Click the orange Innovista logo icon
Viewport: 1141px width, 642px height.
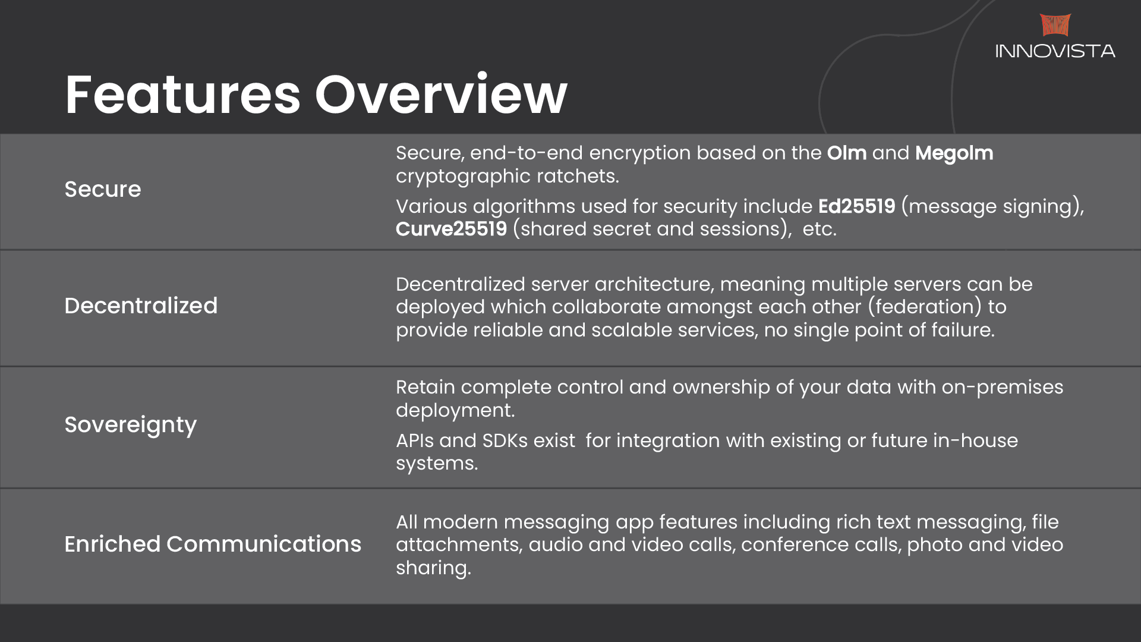(x=1055, y=25)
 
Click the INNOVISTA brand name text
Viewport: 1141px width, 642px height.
(x=1055, y=51)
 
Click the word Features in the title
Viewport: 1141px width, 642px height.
(x=183, y=95)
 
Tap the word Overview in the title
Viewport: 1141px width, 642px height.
(x=441, y=95)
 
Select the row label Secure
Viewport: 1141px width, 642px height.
(x=103, y=189)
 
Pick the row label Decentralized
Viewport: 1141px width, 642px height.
(x=141, y=306)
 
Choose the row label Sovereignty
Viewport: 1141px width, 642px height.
(x=130, y=426)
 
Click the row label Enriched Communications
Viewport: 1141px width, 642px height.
(x=213, y=544)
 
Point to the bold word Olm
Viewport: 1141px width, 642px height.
(x=847, y=153)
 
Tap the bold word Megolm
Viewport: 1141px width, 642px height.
(x=954, y=153)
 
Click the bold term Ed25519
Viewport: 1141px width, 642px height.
(x=856, y=206)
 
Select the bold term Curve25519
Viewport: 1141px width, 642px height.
(x=452, y=229)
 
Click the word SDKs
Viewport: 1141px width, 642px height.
(x=505, y=440)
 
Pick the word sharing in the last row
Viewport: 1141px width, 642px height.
(x=433, y=568)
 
